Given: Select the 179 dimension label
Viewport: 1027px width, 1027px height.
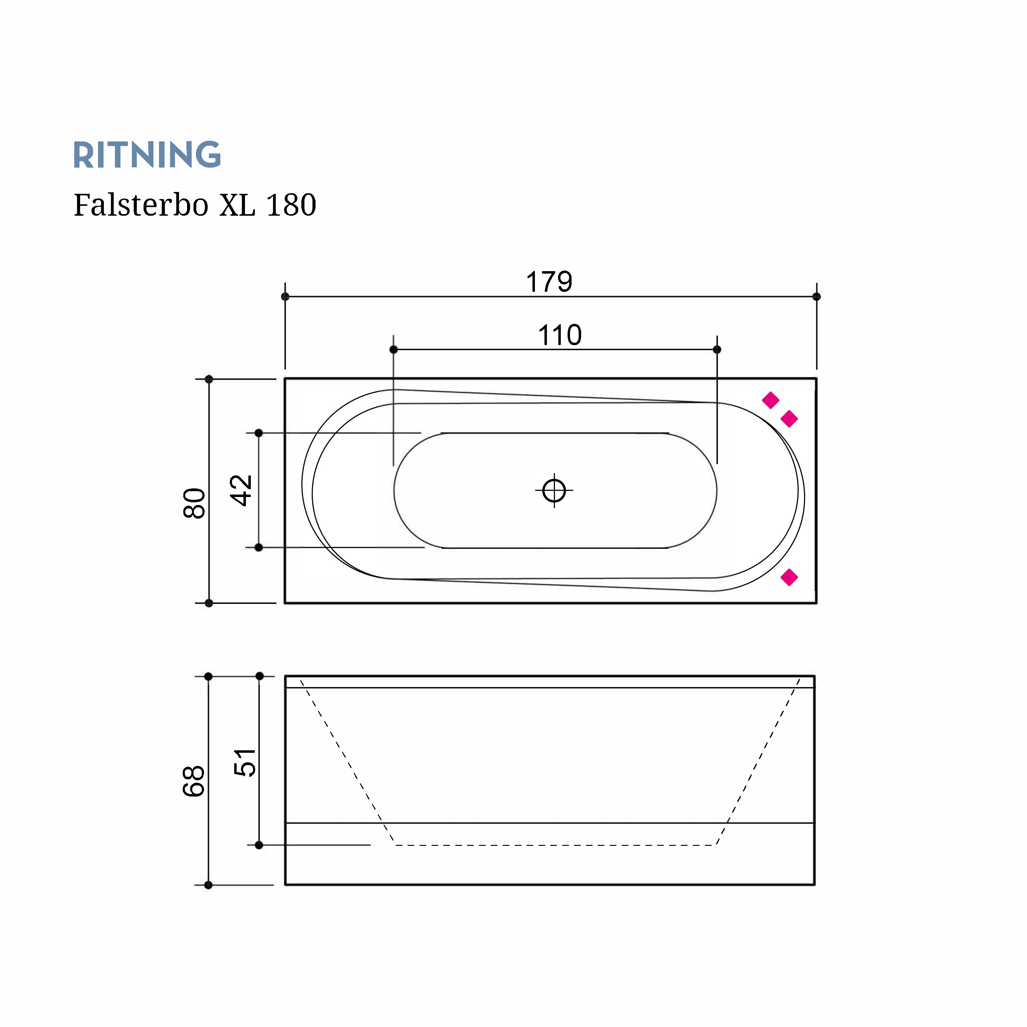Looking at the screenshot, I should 549,282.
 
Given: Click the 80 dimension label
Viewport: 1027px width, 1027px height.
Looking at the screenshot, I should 194,503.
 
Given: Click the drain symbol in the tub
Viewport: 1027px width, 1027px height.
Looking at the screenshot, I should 554,490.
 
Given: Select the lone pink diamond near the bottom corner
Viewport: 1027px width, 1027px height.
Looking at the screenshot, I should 789,577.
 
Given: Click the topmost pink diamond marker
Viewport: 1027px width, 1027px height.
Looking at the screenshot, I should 770,400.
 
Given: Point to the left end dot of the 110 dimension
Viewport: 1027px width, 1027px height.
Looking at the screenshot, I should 393,349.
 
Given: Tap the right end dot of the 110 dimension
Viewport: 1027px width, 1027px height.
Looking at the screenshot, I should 717,349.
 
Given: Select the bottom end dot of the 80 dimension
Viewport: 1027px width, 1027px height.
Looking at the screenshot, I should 209,603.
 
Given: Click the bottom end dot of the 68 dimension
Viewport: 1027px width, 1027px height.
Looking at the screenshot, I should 208,885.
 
